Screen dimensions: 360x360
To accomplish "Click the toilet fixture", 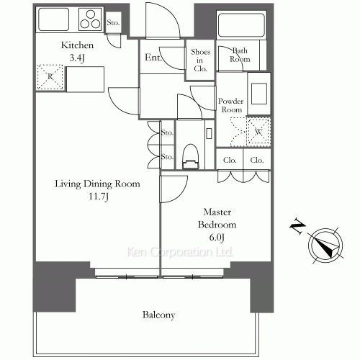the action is pyautogui.click(x=191, y=157).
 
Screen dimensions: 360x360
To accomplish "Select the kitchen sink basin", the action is pyautogui.click(x=54, y=19).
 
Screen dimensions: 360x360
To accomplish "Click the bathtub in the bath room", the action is pyautogui.click(x=241, y=24).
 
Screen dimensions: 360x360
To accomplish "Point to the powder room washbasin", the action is pyautogui.click(x=259, y=94).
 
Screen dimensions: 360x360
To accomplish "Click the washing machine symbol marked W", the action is pyautogui.click(x=258, y=132).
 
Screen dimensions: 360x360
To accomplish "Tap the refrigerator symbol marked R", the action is pyautogui.click(x=50, y=77).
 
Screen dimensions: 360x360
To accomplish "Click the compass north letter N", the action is pyautogui.click(x=298, y=226).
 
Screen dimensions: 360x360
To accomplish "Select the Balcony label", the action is pyautogui.click(x=158, y=315).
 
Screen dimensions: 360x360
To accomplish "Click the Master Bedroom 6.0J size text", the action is pyautogui.click(x=217, y=238).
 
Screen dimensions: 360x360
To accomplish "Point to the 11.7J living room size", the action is pyautogui.click(x=99, y=197).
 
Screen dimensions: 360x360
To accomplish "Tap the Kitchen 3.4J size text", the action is pyautogui.click(x=77, y=58).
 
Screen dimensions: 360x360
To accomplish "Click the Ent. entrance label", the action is pyautogui.click(x=153, y=57).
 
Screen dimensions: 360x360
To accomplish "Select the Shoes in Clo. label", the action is pyautogui.click(x=201, y=60).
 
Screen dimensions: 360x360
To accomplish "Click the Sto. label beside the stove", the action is pyautogui.click(x=113, y=23).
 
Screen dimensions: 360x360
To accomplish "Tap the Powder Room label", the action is pyautogui.click(x=231, y=105).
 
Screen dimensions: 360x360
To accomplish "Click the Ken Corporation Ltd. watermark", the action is pyautogui.click(x=180, y=252).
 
